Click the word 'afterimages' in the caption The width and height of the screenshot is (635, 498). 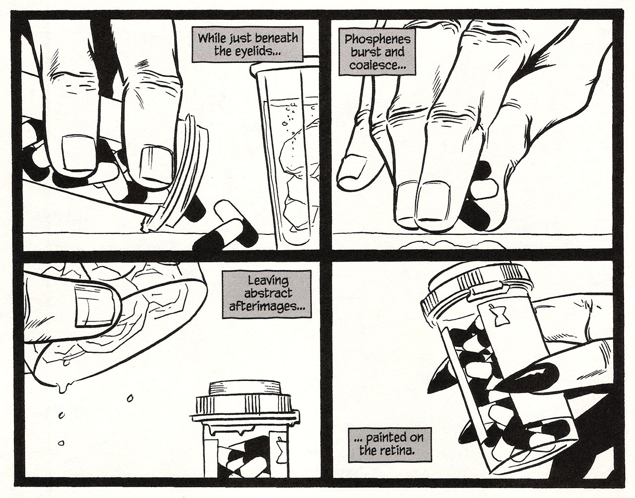coord(266,307)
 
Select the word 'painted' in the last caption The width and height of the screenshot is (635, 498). coord(389,437)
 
